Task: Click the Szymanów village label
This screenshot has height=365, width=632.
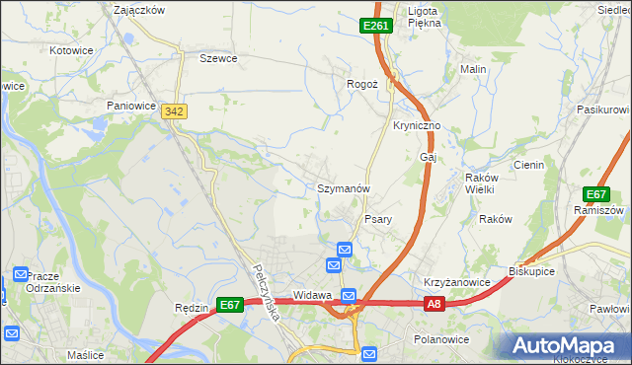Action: click(x=343, y=187)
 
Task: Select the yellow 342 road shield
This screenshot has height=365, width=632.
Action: click(x=175, y=113)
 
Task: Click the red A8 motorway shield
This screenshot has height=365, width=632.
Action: click(x=434, y=306)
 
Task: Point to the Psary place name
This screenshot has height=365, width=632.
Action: click(x=380, y=219)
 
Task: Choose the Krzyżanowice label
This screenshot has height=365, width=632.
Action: click(x=457, y=282)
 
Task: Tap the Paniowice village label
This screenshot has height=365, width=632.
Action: click(x=133, y=104)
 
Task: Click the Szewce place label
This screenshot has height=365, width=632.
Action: click(x=218, y=58)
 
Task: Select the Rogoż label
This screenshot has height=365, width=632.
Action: click(x=362, y=84)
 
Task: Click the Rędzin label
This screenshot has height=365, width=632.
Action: click(x=191, y=307)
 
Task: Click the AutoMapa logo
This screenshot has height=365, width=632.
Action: click(x=566, y=345)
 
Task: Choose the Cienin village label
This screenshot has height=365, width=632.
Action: click(x=528, y=165)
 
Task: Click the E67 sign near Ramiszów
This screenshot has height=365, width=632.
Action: click(x=596, y=194)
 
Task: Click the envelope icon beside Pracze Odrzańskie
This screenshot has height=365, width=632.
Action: click(x=21, y=274)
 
